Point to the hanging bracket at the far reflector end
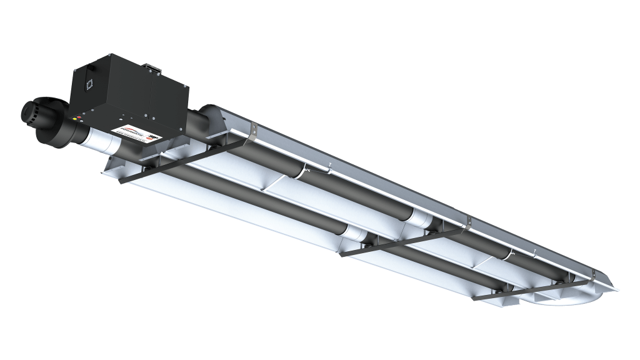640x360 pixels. click(592, 274)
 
